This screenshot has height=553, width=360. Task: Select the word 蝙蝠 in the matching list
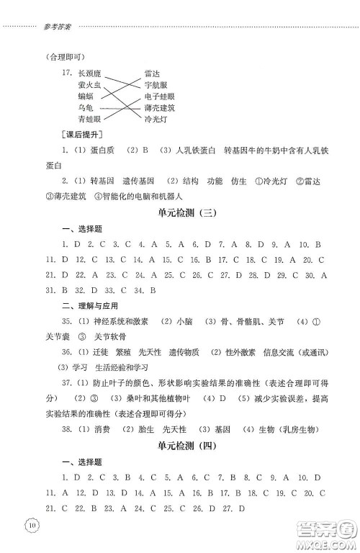(x=86, y=96)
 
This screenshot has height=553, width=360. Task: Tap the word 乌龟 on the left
(x=86, y=107)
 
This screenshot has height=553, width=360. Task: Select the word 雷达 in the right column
(x=151, y=73)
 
